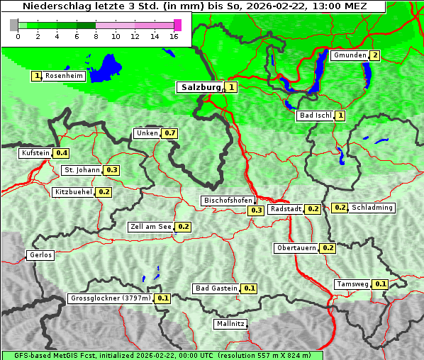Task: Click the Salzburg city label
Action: pos(201,87)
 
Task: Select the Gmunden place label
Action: pos(350,55)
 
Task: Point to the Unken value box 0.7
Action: pos(169,133)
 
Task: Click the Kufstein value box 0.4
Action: pos(62,153)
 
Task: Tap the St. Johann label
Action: pos(82,170)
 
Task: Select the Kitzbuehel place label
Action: pos(74,192)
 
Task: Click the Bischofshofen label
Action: pos(228,201)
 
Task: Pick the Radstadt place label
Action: pos(286,209)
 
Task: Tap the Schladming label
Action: pos(372,208)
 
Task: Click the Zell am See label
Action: pos(151,227)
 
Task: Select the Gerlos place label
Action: pos(40,255)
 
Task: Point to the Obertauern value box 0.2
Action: pos(328,248)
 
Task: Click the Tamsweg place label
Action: pos(352,284)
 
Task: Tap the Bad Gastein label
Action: pos(216,288)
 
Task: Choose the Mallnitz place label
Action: pos(230,324)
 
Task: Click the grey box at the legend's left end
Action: pos(14,25)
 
